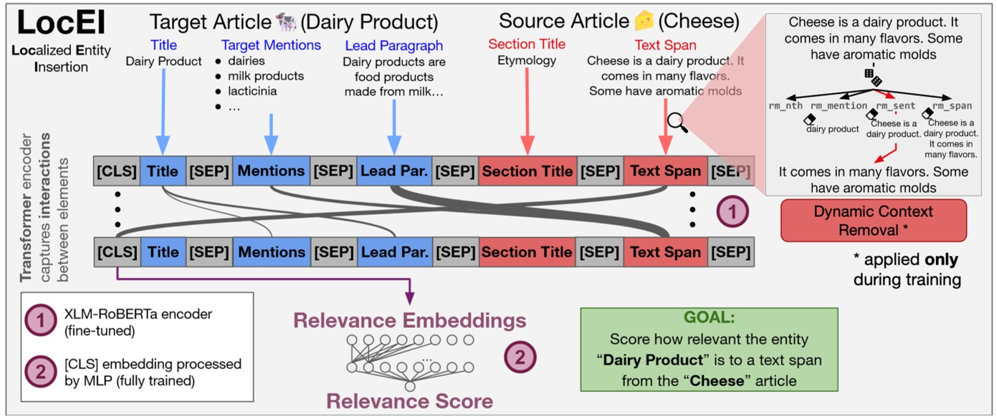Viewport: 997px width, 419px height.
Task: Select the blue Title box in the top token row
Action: click(163, 171)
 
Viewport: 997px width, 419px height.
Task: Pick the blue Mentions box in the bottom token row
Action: click(271, 252)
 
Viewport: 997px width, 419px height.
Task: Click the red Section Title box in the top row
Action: click(527, 171)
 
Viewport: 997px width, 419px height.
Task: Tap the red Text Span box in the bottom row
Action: click(665, 252)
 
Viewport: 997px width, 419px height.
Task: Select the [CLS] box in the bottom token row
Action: click(117, 252)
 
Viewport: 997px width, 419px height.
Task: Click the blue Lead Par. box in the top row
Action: click(394, 171)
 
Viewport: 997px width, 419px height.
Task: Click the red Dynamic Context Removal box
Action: click(873, 221)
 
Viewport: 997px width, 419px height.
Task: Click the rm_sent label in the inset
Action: click(895, 106)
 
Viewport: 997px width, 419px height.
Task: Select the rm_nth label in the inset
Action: click(786, 106)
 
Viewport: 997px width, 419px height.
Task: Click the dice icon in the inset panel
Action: click(872, 78)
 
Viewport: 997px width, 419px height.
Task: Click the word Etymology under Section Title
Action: click(527, 61)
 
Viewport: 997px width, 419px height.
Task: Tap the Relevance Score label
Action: click(410, 400)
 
